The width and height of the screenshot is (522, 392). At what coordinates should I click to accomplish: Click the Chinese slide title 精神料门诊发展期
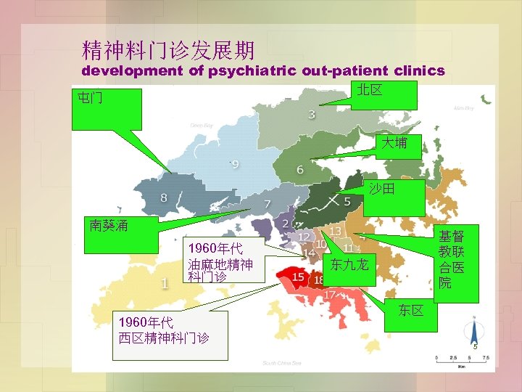pyautogui.click(x=168, y=50)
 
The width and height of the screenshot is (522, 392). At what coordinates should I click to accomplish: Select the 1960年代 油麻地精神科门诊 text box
pyautogui.click(x=220, y=258)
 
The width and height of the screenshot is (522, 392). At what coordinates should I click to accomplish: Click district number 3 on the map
pyautogui.click(x=312, y=114)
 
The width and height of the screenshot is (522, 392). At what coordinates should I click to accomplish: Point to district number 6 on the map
pyautogui.click(x=300, y=170)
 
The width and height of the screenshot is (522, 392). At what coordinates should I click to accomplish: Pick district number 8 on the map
pyautogui.click(x=164, y=197)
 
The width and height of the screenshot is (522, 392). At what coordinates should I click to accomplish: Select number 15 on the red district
pyautogui.click(x=298, y=277)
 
